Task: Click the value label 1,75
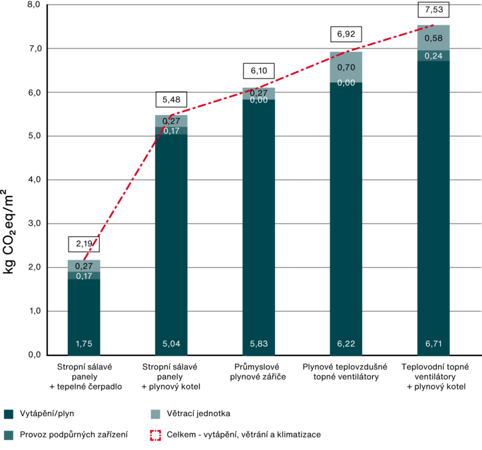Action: pyautogui.click(x=84, y=343)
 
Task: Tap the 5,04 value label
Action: pyautogui.click(x=171, y=343)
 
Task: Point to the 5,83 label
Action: pyautogui.click(x=258, y=343)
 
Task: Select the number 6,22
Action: pyautogui.click(x=346, y=343)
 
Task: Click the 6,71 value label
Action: pyautogui.click(x=433, y=343)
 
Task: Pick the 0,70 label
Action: pyautogui.click(x=346, y=67)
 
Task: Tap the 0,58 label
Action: pyautogui.click(x=433, y=38)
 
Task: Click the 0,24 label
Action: pyautogui.click(x=433, y=56)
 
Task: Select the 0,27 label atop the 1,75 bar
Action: pyautogui.click(x=84, y=266)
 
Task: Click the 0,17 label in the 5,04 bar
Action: pyautogui.click(x=171, y=131)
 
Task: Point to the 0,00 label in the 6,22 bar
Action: pyautogui.click(x=346, y=83)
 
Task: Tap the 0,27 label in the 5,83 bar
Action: pyautogui.click(x=258, y=93)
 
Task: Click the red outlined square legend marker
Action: pyautogui.click(x=156, y=435)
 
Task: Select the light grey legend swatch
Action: pyautogui.click(x=156, y=415)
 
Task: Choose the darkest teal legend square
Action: pyautogui.click(x=9, y=415)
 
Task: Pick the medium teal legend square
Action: pyautogui.click(x=9, y=435)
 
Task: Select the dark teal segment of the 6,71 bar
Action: pyautogui.click(x=433, y=200)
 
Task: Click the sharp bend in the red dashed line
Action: pyautogui.click(x=171, y=115)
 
